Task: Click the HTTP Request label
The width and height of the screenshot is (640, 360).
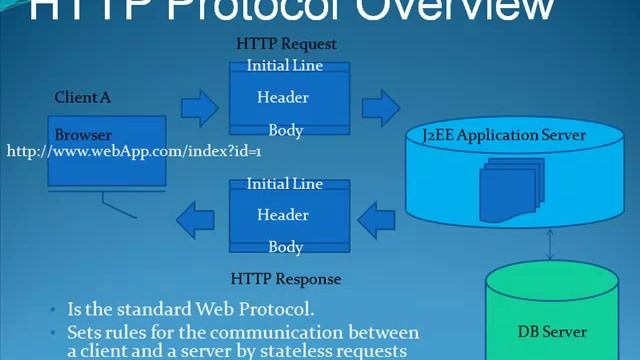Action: pos(286,44)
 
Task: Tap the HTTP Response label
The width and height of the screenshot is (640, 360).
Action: pos(286,279)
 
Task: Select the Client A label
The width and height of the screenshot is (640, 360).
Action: pos(83,97)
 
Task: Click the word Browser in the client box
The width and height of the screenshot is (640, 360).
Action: pos(83,135)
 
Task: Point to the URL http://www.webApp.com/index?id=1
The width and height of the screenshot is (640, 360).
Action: pos(134,151)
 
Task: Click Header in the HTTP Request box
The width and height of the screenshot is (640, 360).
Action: pos(283,97)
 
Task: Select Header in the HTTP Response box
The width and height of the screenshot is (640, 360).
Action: pos(283,214)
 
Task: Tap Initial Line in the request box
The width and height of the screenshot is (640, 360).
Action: pos(285,66)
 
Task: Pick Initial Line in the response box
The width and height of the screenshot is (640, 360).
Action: pos(285,184)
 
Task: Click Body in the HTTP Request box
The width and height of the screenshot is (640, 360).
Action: pos(286,130)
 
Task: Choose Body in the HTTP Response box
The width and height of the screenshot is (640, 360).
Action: pos(286,247)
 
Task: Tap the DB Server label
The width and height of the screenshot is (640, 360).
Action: pos(552,331)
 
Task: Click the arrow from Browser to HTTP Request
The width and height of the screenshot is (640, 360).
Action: pos(200,105)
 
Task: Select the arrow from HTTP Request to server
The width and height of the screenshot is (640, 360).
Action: pos(380,105)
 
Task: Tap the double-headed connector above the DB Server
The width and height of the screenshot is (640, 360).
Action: pos(551,245)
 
